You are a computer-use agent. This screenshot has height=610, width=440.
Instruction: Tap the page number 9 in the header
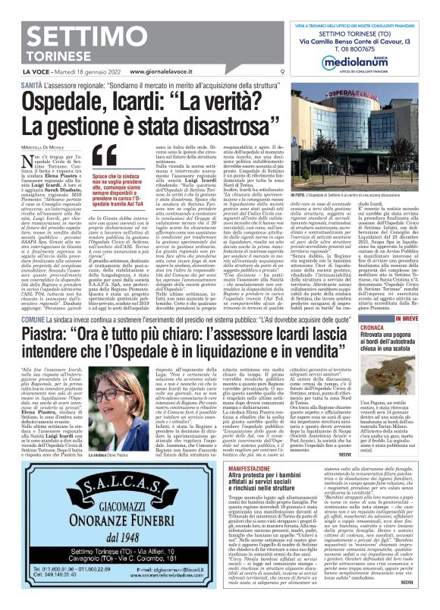click(x=282, y=72)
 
